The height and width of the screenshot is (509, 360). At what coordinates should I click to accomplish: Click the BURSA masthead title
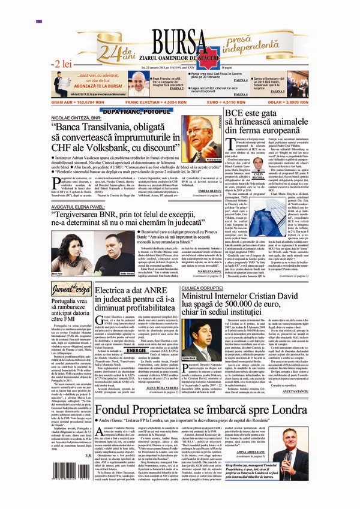point(180,41)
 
